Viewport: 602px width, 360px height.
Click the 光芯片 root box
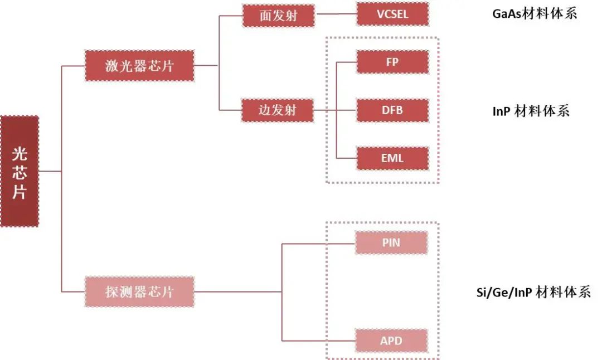pyautogui.click(x=20, y=171)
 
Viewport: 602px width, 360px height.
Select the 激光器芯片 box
pyautogui.click(x=139, y=66)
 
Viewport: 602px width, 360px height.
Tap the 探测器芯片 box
pyautogui.click(x=139, y=291)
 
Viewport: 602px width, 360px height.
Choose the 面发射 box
pyautogui.click(x=279, y=16)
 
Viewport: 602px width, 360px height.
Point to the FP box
pyautogui.click(x=392, y=62)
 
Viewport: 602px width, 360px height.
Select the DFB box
pyautogui.click(x=392, y=110)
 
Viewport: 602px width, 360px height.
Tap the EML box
pyautogui.click(x=392, y=158)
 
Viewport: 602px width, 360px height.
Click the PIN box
pyautogui.click(x=391, y=243)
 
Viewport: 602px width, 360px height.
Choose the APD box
pyautogui.click(x=391, y=340)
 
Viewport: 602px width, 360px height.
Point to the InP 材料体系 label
pyautogui.click(x=531, y=111)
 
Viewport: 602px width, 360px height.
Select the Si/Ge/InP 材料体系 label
pyautogui.click(x=531, y=291)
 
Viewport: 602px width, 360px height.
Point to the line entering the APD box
pyautogui.click(x=319, y=340)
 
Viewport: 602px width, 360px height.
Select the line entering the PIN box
pyautogui.click(x=319, y=244)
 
